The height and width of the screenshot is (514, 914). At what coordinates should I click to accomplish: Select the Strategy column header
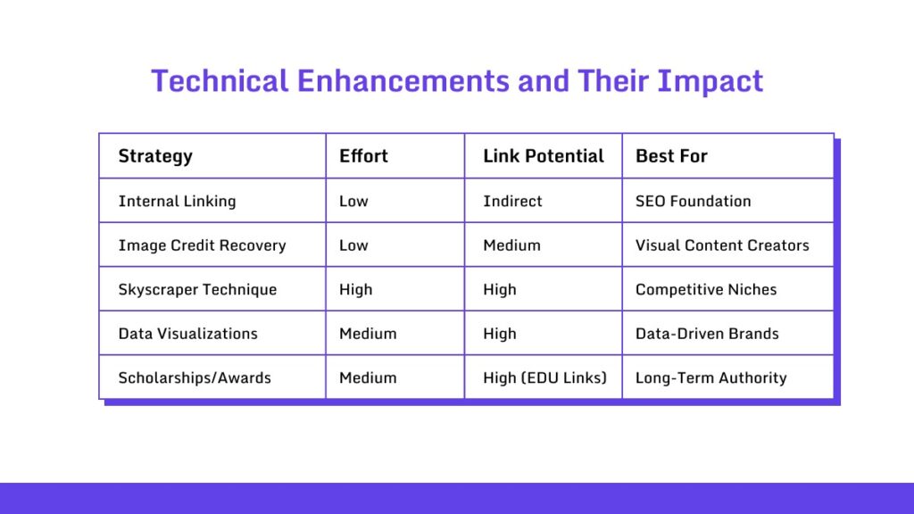click(155, 156)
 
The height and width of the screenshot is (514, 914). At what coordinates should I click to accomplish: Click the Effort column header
click(363, 156)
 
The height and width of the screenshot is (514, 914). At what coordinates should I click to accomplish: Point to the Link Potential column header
click(544, 156)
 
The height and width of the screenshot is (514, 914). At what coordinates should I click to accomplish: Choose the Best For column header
click(671, 156)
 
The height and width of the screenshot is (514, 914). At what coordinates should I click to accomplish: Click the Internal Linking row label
click(177, 201)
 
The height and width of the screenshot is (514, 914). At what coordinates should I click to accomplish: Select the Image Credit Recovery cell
click(202, 245)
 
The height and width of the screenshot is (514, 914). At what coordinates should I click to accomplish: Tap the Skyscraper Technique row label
click(197, 290)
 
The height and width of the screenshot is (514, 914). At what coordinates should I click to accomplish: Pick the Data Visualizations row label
click(187, 334)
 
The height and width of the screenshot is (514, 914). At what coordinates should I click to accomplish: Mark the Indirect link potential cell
click(512, 201)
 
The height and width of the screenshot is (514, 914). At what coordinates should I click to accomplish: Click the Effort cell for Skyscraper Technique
click(355, 290)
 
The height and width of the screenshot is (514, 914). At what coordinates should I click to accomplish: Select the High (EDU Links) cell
click(544, 377)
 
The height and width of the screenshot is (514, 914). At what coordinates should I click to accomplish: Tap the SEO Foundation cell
click(693, 201)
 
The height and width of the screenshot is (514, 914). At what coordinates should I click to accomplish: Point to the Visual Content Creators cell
click(722, 245)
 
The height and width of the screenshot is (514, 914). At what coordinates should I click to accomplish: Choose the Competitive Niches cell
click(706, 290)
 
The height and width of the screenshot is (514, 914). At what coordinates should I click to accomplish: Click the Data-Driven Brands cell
click(707, 334)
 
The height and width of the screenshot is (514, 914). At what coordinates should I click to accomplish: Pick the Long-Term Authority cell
click(710, 377)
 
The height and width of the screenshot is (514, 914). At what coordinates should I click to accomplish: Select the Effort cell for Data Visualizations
click(368, 334)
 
